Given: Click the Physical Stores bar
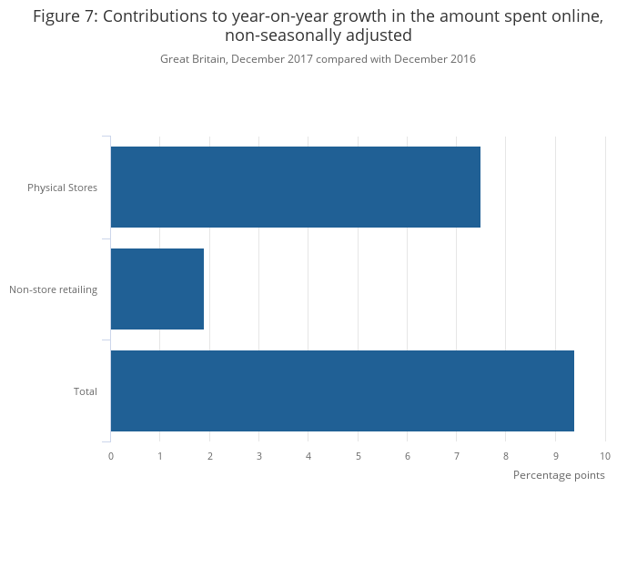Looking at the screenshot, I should point(295,188).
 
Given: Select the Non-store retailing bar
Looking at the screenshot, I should point(157,289).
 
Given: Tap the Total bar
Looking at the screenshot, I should point(342,391).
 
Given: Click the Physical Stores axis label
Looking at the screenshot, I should point(62,188).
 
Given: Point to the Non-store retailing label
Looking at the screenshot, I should point(53,289).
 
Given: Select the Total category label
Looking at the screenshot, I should point(86,391).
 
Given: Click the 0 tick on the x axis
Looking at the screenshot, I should point(111,455).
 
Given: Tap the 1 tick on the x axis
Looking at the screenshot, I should point(160,455).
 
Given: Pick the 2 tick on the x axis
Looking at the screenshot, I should point(209,455).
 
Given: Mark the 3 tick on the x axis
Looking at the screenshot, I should point(259,455).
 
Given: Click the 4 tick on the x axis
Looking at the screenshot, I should point(308,455).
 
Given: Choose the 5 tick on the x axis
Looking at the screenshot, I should point(358,455).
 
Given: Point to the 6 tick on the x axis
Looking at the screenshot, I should point(408,455).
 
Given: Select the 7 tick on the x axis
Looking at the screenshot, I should point(457,455).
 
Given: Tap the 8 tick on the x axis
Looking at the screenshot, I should point(506,455).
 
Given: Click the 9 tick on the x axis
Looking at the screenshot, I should point(556,455).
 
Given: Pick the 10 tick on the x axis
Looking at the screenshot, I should point(605,455).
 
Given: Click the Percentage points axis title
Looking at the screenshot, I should point(559,475).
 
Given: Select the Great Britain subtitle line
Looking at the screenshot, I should point(318,59).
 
